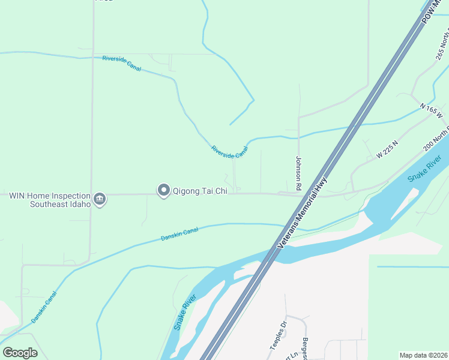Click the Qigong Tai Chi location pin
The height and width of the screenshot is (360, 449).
pyautogui.click(x=163, y=190)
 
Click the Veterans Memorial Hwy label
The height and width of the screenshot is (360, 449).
pyautogui.click(x=303, y=214)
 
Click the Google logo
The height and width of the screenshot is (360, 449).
pyautogui.click(x=20, y=353)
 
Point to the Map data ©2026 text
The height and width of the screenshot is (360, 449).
pyautogui.click(x=423, y=355)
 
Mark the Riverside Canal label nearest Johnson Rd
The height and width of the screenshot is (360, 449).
pyautogui.click(x=229, y=152)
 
